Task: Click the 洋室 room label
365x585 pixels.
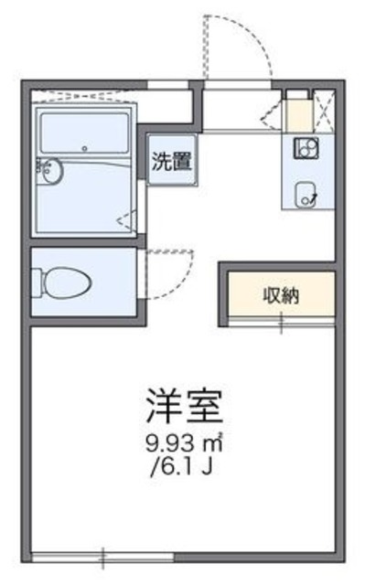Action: tap(183, 402)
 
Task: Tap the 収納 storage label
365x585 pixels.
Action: tap(282, 294)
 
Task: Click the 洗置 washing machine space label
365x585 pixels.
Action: tap(171, 162)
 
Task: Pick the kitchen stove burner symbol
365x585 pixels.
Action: tap(304, 147)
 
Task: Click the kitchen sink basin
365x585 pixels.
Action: tap(305, 191)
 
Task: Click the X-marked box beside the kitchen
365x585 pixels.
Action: tap(322, 111)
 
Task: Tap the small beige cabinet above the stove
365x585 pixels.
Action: tap(296, 116)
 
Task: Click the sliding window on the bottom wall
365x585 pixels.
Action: tap(102, 555)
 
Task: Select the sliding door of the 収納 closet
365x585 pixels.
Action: tap(281, 321)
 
